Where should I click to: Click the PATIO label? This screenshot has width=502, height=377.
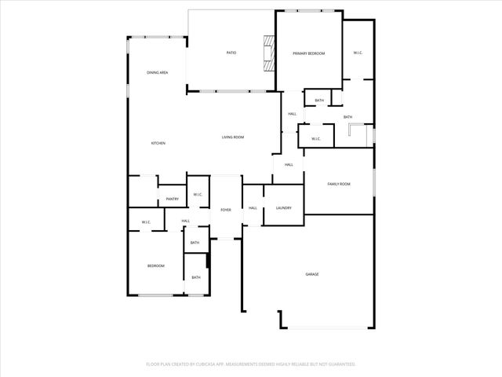click(231, 53)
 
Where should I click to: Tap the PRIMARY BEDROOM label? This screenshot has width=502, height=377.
click(308, 53)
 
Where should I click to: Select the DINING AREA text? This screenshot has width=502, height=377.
click(157, 72)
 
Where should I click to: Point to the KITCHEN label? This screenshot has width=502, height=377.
click(158, 143)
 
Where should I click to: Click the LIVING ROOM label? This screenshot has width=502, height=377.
click(232, 137)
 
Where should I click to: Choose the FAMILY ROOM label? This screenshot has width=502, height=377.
click(338, 184)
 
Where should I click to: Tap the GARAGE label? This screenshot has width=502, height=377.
click(311, 274)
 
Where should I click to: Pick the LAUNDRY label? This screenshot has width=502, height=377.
click(283, 208)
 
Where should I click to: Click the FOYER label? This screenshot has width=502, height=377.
click(225, 210)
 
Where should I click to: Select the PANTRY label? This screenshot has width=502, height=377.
click(172, 199)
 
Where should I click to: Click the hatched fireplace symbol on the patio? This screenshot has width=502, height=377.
click(271, 53)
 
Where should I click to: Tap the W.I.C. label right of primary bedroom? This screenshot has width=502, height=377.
click(357, 53)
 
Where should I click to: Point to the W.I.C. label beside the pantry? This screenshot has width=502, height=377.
click(198, 195)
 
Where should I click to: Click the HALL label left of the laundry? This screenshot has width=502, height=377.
click(253, 208)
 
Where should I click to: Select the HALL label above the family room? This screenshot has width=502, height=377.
click(289, 164)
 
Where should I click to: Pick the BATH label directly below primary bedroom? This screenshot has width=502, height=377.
click(319, 101)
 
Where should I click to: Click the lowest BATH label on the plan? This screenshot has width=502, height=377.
click(196, 277)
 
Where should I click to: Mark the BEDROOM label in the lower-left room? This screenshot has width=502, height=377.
click(156, 266)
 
